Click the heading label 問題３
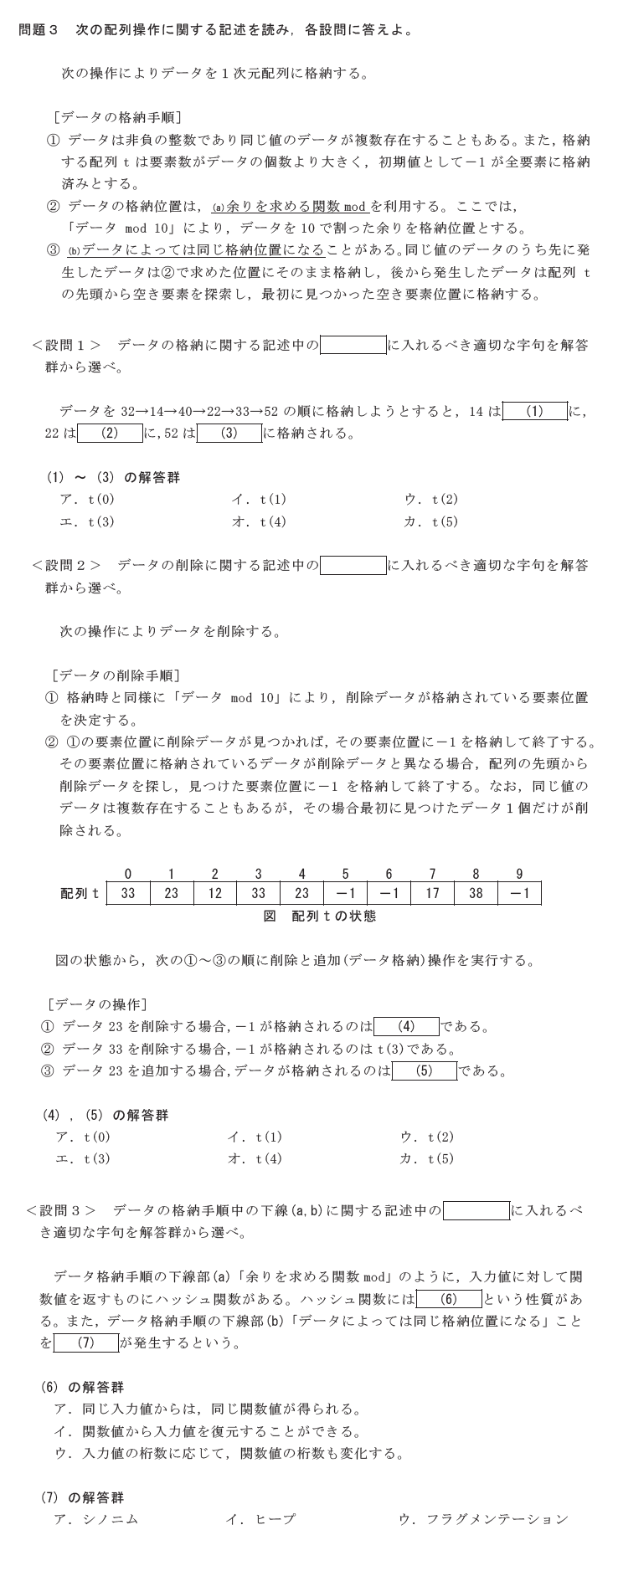click(39, 30)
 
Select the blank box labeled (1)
click(534, 411)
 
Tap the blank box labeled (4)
click(406, 1026)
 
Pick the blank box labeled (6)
click(448, 1299)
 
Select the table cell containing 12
click(214, 893)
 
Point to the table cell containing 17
click(432, 893)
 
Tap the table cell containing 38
click(476, 893)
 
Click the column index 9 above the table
click(519, 874)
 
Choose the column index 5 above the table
click(345, 874)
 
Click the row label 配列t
click(80, 893)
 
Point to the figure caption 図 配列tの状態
click(320, 916)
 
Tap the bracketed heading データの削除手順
click(115, 675)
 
